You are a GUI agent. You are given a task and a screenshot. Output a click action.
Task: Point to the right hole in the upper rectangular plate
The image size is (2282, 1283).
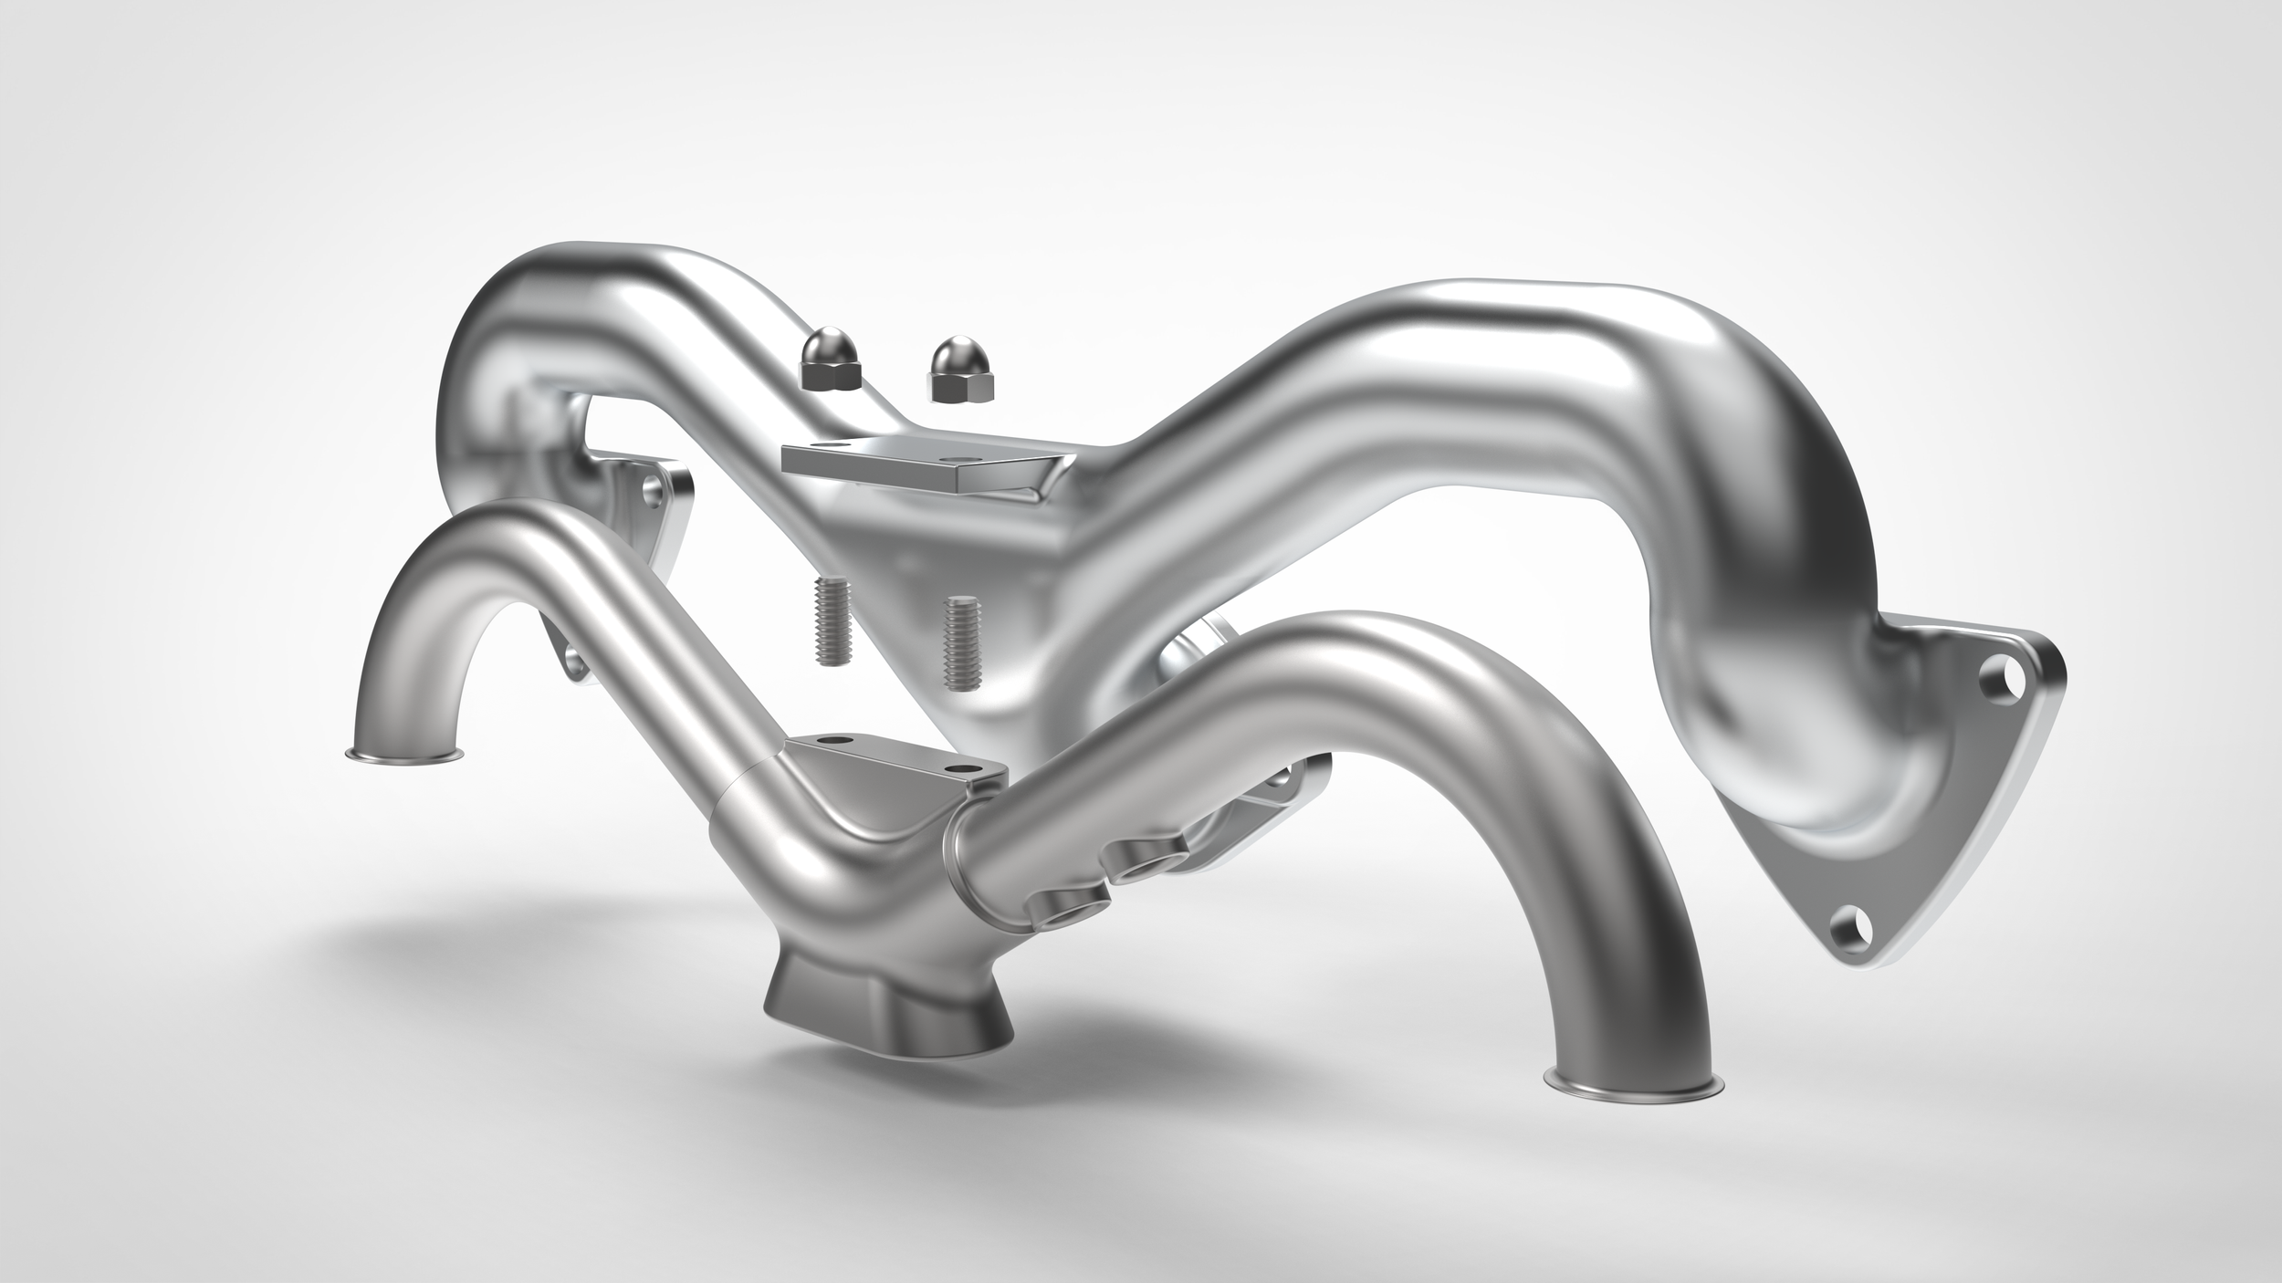[x=955, y=454]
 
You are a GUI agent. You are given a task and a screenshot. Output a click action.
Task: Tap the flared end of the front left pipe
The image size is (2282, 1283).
[x=404, y=754]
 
